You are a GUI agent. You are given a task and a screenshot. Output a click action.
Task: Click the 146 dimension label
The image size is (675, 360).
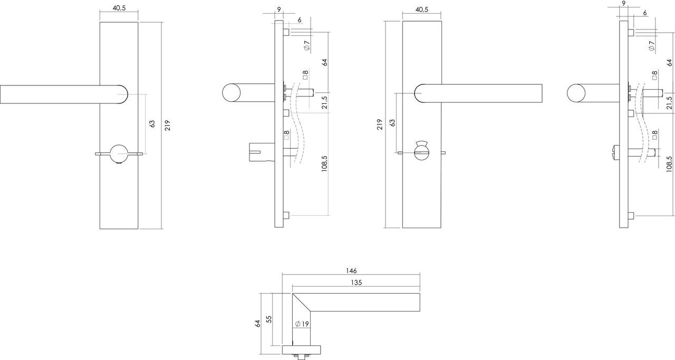(351, 270)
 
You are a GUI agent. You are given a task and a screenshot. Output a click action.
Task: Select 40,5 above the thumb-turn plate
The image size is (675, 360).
(421, 10)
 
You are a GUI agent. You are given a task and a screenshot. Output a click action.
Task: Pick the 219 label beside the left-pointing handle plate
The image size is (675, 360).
(167, 125)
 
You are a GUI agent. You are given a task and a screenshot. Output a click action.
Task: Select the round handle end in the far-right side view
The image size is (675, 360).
(576, 94)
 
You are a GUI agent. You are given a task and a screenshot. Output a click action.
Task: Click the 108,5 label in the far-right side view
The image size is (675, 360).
(669, 164)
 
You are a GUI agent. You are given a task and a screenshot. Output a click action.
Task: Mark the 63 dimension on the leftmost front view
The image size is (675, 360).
(152, 124)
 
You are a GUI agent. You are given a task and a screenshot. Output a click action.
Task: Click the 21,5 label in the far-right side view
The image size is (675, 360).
(669, 102)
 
